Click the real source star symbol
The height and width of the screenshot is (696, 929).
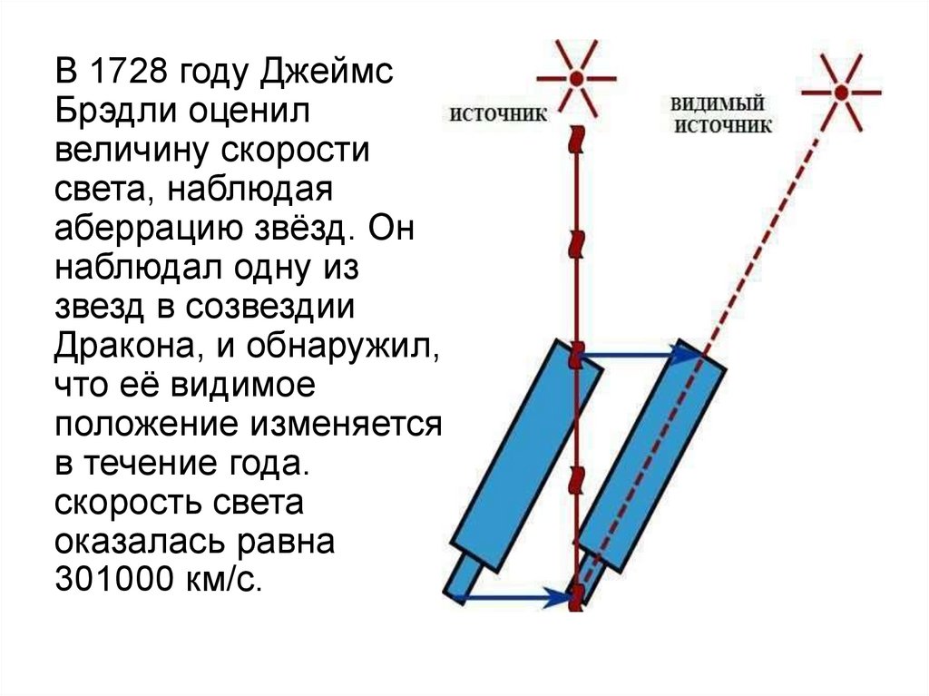pos(575,78)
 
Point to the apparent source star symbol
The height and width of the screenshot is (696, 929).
pos(843,92)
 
